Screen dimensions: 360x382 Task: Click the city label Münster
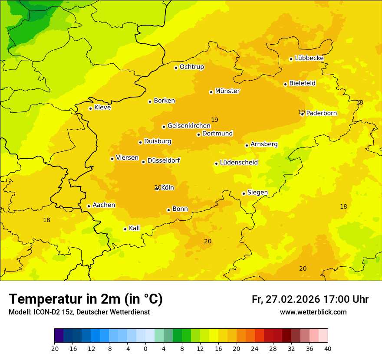[227, 91]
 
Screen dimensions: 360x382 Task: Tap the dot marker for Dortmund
[198, 134]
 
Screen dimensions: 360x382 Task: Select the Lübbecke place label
[309, 58]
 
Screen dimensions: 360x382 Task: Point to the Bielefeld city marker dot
[285, 84]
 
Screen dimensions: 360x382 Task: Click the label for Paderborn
[321, 113]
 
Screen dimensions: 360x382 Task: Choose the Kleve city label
[102, 108]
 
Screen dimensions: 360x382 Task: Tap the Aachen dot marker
[89, 206]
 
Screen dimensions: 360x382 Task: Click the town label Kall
[134, 228]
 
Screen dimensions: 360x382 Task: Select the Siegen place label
[257, 193]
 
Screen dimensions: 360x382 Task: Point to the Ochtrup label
[191, 67]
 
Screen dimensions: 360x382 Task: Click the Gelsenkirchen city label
[189, 126]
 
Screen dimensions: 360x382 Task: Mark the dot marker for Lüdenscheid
[216, 164]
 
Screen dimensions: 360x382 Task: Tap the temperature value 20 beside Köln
[157, 188]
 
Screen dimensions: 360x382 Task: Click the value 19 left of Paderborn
[301, 112]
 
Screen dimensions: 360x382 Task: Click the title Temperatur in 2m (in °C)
[86, 299]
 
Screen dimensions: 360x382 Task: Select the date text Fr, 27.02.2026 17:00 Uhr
[310, 299]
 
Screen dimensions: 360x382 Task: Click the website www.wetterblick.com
[313, 312]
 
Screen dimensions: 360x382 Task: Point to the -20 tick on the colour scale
[54, 348]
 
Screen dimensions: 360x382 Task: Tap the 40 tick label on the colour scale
[328, 348]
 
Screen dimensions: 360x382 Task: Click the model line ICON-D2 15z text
[79, 312]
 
